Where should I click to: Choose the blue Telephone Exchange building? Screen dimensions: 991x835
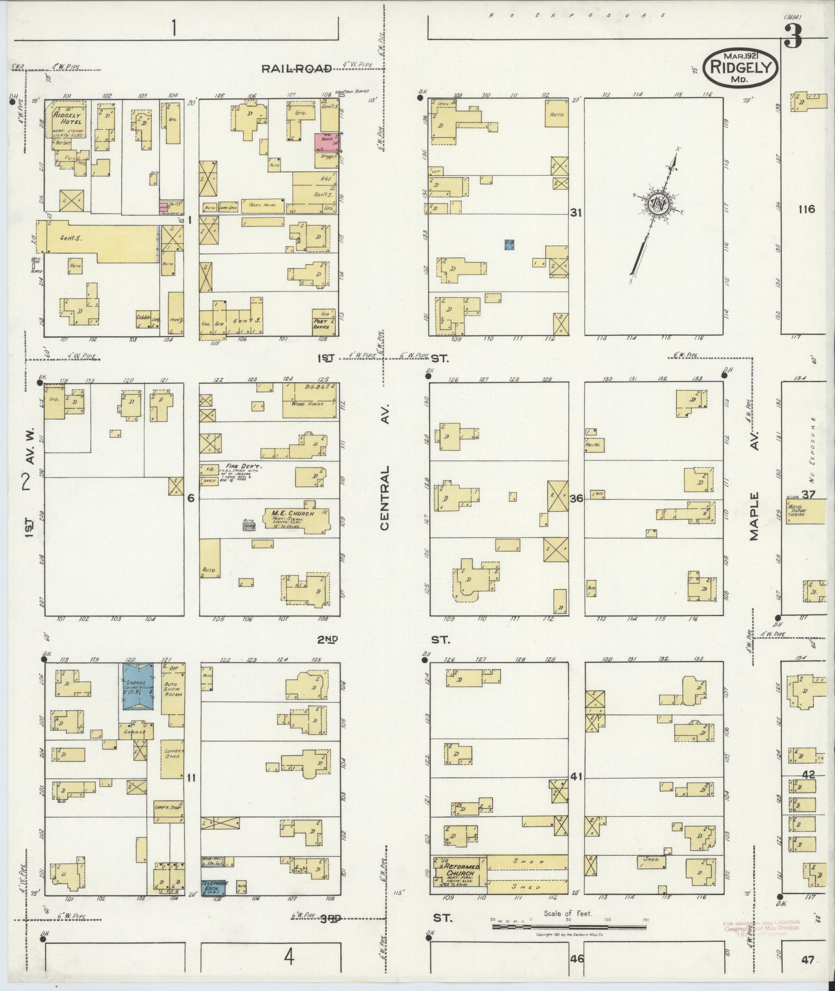[x=214, y=887]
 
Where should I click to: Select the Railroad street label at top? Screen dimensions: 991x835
[x=296, y=68]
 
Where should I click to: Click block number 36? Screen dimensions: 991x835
[x=576, y=498]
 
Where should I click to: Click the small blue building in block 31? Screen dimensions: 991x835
[x=509, y=244]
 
